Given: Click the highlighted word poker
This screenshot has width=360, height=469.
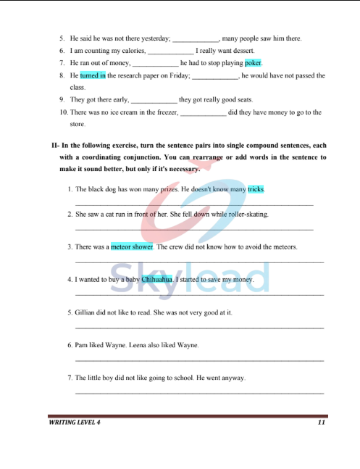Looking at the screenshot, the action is (253, 63).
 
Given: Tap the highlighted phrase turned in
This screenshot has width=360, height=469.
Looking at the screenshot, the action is (93, 75).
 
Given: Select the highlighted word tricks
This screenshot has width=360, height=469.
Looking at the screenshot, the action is (256, 189).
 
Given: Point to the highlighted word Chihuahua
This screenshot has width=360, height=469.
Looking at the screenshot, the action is (157, 279).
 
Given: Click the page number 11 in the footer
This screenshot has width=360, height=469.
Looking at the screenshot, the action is (321, 422).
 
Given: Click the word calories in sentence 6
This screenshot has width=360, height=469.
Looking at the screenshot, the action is (132, 51).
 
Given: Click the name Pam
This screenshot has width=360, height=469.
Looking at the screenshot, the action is (81, 345).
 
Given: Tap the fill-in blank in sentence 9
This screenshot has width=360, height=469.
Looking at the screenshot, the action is (154, 101).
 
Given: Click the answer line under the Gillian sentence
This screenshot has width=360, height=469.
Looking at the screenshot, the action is (199, 328).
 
